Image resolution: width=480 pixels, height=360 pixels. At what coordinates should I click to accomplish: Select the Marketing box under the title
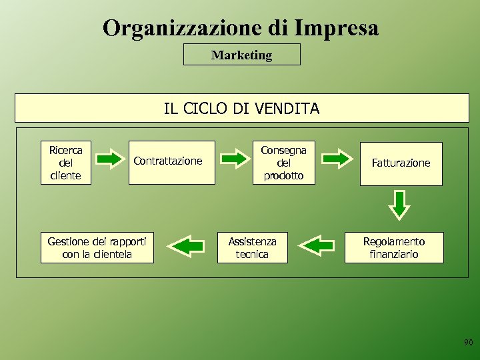(241, 55)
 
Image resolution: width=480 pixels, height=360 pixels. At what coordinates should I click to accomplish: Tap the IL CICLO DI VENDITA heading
(241, 108)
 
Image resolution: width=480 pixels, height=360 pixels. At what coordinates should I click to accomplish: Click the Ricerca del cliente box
(65, 162)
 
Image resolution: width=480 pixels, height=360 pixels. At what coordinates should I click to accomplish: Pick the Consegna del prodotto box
(283, 162)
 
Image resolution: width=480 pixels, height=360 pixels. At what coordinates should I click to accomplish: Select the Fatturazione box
(401, 163)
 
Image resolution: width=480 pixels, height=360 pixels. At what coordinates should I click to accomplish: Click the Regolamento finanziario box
(393, 247)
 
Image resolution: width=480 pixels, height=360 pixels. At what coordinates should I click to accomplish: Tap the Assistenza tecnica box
(252, 247)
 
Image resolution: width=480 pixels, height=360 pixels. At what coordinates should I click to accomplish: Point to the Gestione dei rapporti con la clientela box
(97, 247)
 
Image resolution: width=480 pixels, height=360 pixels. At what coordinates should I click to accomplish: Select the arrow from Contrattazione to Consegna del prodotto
(233, 159)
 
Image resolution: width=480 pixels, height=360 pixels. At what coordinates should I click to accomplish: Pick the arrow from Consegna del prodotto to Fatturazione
(337, 159)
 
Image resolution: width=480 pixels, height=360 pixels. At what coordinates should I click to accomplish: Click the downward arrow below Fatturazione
(399, 205)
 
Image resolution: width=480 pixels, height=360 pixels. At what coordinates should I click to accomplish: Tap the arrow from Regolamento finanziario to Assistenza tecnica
(317, 245)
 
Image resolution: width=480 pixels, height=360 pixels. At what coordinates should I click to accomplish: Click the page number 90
(468, 343)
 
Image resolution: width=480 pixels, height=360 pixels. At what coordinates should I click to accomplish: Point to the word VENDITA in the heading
(289, 108)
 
